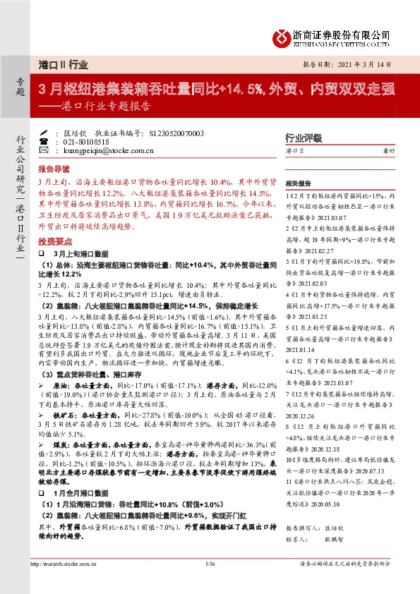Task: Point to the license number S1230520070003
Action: click(x=168, y=133)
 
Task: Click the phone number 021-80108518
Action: click(x=84, y=141)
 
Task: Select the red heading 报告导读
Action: click(x=54, y=170)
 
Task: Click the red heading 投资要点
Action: click(x=54, y=240)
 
